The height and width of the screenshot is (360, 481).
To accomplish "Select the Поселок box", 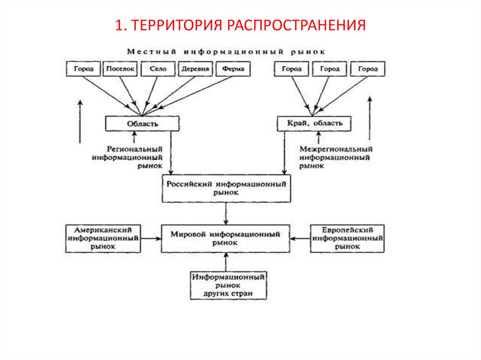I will pos(120,69).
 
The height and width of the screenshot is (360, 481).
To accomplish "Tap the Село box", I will pos(158,69).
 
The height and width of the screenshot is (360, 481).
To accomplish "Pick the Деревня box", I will pos(195,69).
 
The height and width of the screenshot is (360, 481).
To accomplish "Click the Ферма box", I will pos(233,69).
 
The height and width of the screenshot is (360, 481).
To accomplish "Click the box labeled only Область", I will pos(142,123).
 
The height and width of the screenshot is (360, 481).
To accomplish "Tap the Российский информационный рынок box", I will pos(226,189).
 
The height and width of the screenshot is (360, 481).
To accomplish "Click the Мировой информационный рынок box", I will pos(226,238).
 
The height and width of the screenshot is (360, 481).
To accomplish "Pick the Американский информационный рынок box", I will pos(103,238).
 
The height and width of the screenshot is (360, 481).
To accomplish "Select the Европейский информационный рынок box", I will pos(348,238).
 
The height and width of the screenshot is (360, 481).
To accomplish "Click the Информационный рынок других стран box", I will pos(228,285).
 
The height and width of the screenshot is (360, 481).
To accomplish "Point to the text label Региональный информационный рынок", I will pos(128,157).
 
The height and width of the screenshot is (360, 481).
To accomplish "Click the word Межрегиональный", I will pos(335,149).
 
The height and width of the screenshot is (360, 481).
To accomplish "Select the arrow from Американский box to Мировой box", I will pos(150,238).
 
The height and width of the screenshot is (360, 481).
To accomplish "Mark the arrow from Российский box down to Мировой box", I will pos(226,214).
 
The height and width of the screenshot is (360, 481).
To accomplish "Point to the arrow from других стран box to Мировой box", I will pos(226,262).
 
